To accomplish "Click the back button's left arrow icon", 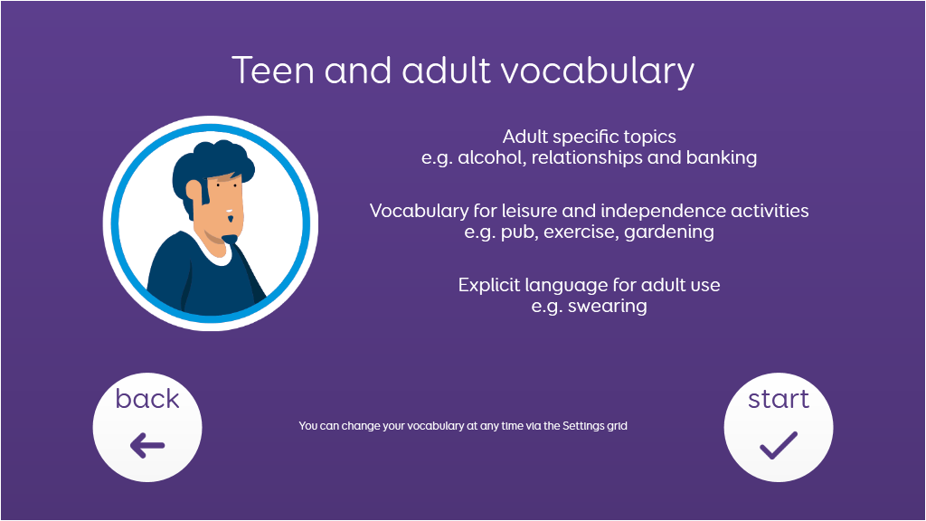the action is pyautogui.click(x=147, y=445).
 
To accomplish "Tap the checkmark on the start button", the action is pyautogui.click(x=779, y=445).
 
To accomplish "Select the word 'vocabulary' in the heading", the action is pyautogui.click(x=598, y=71).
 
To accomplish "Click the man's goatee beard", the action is pyautogui.click(x=229, y=239).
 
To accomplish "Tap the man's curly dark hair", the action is pyautogui.click(x=212, y=168).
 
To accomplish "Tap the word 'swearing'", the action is pyautogui.click(x=607, y=306).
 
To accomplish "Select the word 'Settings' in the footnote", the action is pyautogui.click(x=583, y=426).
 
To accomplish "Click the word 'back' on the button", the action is pyautogui.click(x=147, y=399).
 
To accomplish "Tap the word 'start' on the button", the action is pyautogui.click(x=779, y=399).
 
